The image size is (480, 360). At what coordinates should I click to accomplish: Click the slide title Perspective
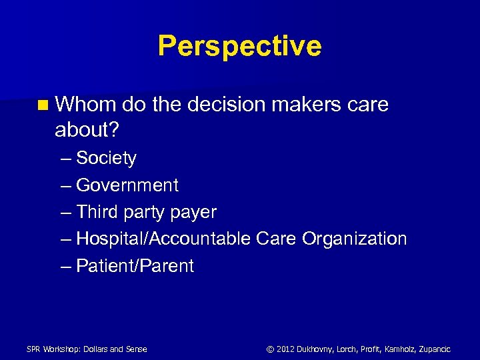[239, 46]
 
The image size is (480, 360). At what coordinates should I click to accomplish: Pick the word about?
[87, 130]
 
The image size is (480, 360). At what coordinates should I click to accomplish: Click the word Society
[106, 159]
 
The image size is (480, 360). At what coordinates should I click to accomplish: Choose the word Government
[127, 185]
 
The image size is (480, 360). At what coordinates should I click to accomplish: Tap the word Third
[97, 212]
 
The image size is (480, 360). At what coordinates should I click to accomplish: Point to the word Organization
[354, 239]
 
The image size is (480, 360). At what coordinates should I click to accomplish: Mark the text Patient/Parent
[135, 266]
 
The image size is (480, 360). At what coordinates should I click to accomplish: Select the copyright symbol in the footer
[270, 349]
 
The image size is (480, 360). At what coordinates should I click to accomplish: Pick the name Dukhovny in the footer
[317, 349]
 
